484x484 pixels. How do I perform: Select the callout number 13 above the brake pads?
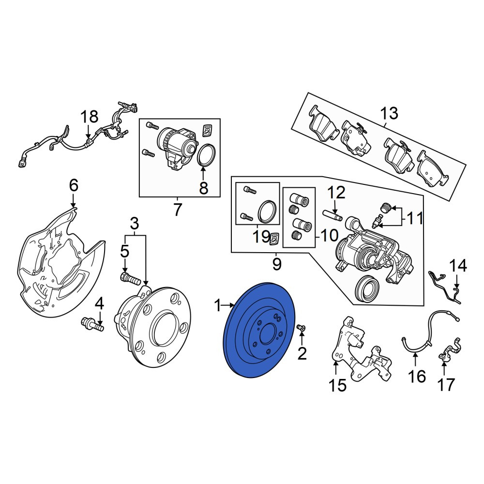click(389, 113)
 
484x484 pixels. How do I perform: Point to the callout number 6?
click(74, 185)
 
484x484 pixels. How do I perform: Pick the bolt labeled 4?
click(92, 325)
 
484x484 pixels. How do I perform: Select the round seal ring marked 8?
click(206, 155)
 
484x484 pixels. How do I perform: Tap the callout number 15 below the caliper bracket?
click(337, 385)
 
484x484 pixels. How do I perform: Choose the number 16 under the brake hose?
click(417, 377)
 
